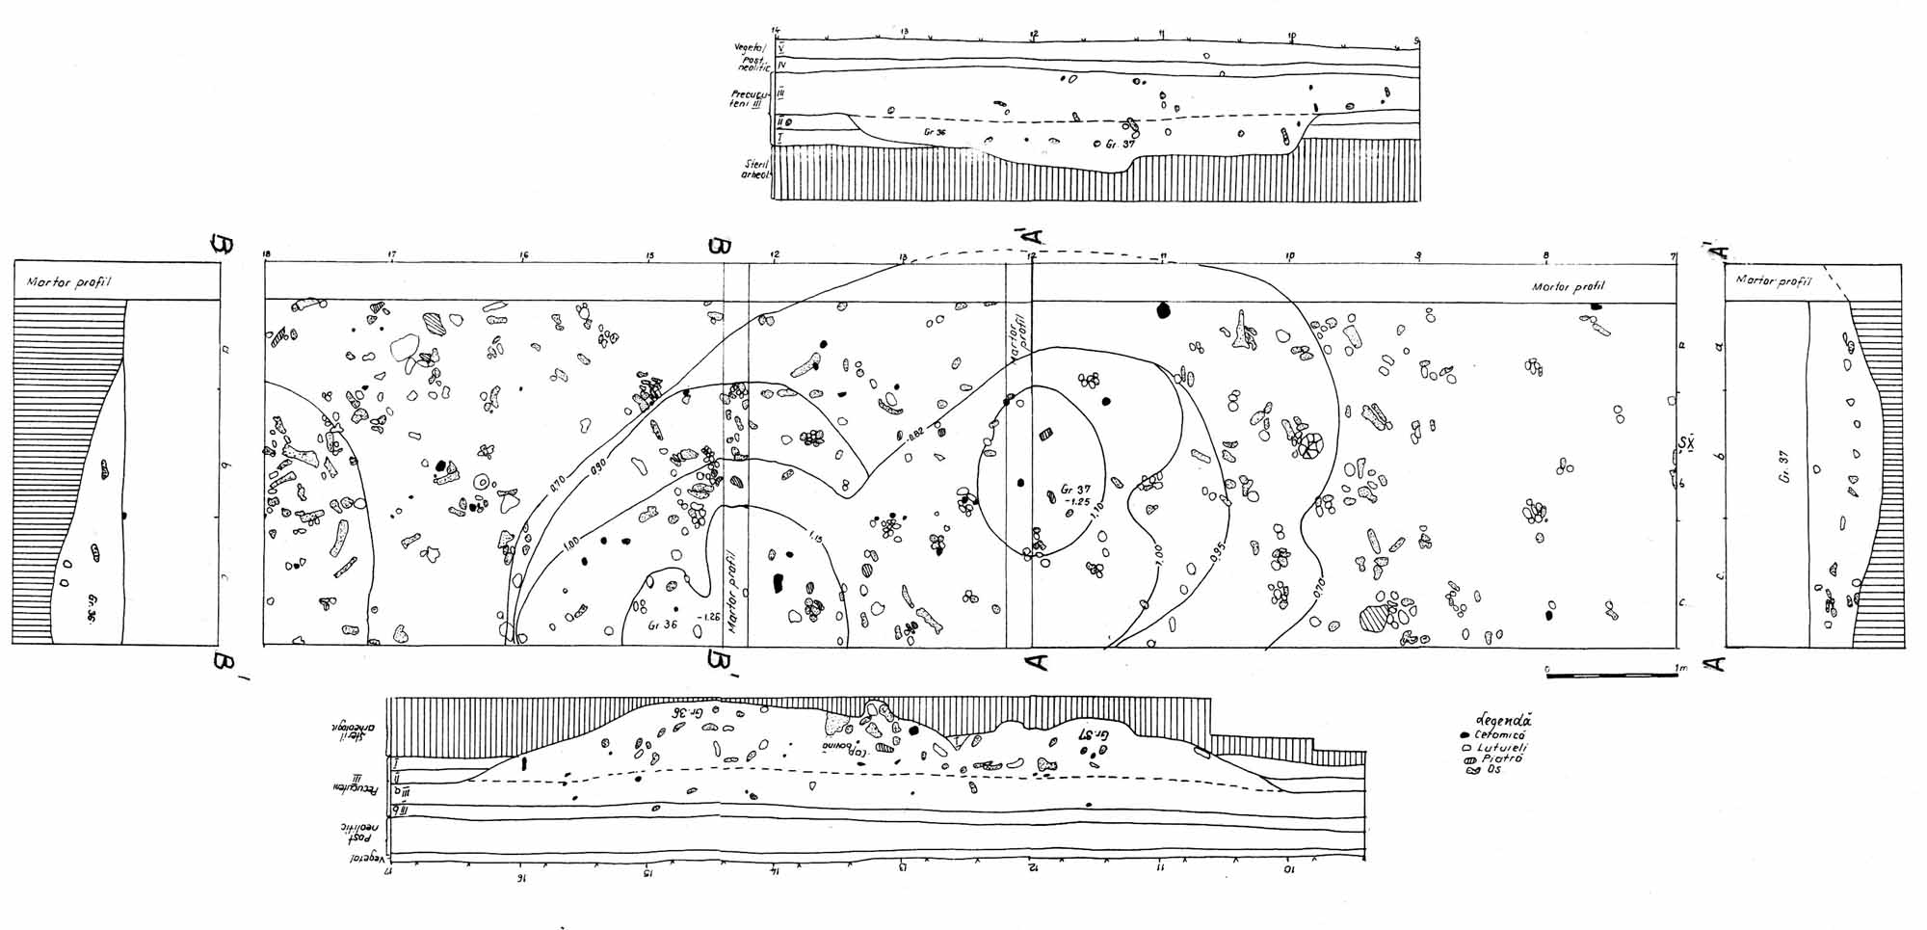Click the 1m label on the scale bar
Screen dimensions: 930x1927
pos(1681,668)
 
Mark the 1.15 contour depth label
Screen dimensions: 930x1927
pos(816,536)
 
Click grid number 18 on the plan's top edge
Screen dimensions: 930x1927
pos(267,254)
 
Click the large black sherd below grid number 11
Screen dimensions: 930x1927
pos(1163,310)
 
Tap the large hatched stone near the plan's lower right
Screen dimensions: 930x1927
pos(1372,618)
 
